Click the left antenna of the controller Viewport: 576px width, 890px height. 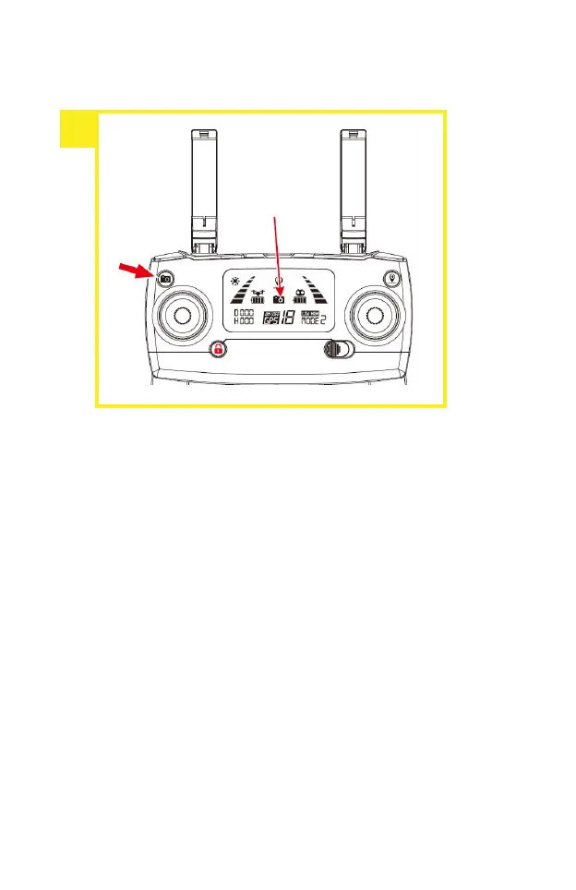point(204,189)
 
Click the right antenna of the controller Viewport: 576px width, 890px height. point(353,189)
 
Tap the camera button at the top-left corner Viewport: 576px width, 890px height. point(164,278)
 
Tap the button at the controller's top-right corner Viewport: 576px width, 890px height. point(392,277)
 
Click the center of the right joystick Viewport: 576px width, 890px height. point(374,316)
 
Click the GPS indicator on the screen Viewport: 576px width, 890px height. point(271,319)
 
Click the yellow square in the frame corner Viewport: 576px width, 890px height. point(78,128)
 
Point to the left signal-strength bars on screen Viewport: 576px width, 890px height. point(243,295)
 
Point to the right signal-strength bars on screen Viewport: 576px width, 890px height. point(316,295)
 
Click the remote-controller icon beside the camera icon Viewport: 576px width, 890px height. point(299,297)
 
